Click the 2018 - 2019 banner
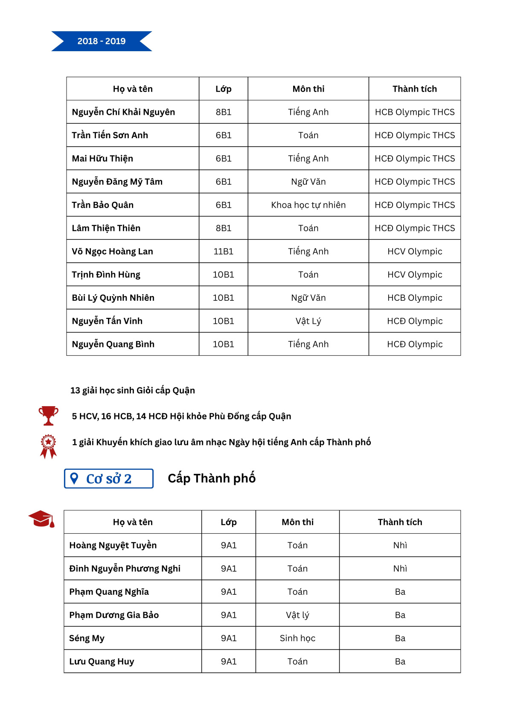pyautogui.click(x=102, y=41)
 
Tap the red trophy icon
pyautogui.click(x=48, y=416)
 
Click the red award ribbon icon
pyautogui.click(x=48, y=446)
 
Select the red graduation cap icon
pyautogui.click(x=42, y=519)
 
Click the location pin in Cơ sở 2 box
pyautogui.click(x=74, y=478)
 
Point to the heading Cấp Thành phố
pyautogui.click(x=212, y=478)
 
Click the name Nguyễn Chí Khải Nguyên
pyautogui.click(x=123, y=112)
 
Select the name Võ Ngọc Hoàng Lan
pyautogui.click(x=112, y=252)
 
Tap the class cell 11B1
pyautogui.click(x=223, y=252)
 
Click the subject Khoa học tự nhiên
pyautogui.click(x=308, y=205)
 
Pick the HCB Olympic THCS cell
pyautogui.click(x=414, y=112)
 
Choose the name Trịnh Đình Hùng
pyautogui.click(x=106, y=275)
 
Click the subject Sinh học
pyautogui.click(x=297, y=638)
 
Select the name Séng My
pyautogui.click(x=87, y=638)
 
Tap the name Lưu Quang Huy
pyautogui.click(x=102, y=662)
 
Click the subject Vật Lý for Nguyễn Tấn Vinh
pyautogui.click(x=308, y=321)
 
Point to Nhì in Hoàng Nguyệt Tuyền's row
pyautogui.click(x=400, y=545)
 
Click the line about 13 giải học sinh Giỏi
pyautogui.click(x=133, y=390)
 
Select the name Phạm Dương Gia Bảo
pyautogui.click(x=114, y=615)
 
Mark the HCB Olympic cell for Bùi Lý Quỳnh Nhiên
pyautogui.click(x=414, y=298)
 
